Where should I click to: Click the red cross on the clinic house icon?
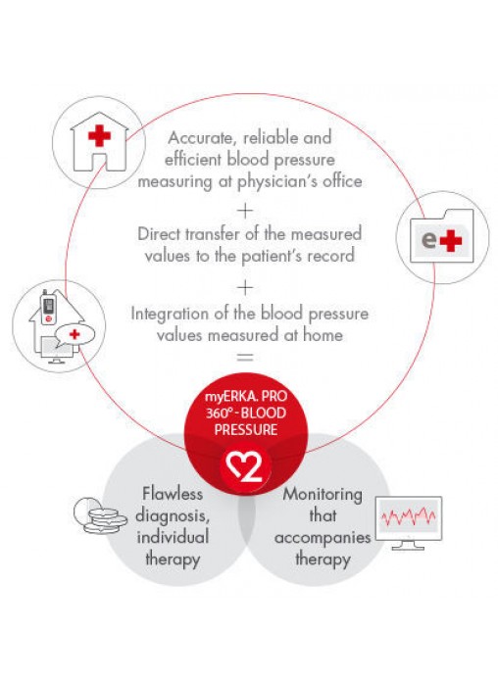click(x=99, y=135)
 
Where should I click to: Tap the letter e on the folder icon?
click(x=429, y=240)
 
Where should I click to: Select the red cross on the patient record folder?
click(x=451, y=240)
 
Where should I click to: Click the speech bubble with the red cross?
click(x=75, y=335)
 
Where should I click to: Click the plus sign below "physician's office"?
click(x=245, y=211)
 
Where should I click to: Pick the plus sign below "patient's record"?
click(x=245, y=287)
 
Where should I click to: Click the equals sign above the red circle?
click(x=245, y=358)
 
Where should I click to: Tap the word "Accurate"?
click(x=201, y=138)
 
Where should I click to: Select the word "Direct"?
click(x=159, y=234)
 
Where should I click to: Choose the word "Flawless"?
click(x=173, y=494)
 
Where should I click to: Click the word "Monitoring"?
click(x=323, y=495)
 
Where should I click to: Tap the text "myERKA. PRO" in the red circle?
click(x=246, y=397)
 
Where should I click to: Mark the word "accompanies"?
click(x=323, y=539)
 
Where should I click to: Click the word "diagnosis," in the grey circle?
click(x=173, y=516)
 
